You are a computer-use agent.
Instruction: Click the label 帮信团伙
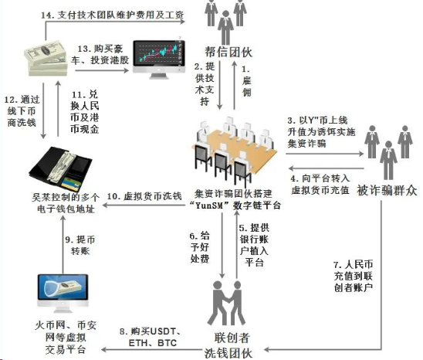click(228, 52)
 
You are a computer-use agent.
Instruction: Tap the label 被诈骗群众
click(387, 191)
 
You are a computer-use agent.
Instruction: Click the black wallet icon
click(60, 168)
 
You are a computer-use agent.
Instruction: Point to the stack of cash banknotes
click(46, 58)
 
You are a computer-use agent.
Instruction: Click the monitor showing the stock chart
click(159, 59)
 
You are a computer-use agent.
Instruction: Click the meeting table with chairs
click(234, 151)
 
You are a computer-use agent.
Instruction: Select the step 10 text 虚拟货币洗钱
click(144, 196)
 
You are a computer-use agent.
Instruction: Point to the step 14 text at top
click(112, 15)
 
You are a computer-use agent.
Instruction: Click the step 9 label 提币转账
click(80, 245)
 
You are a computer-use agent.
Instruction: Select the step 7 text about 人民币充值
click(354, 276)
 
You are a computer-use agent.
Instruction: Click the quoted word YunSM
click(209, 205)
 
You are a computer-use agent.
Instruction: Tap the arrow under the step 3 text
click(324, 154)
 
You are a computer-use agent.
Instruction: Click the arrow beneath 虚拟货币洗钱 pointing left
click(144, 205)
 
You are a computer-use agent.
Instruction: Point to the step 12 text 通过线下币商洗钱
click(22, 111)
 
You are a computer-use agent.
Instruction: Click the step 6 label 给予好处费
click(200, 247)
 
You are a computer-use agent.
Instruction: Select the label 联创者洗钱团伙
click(228, 345)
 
